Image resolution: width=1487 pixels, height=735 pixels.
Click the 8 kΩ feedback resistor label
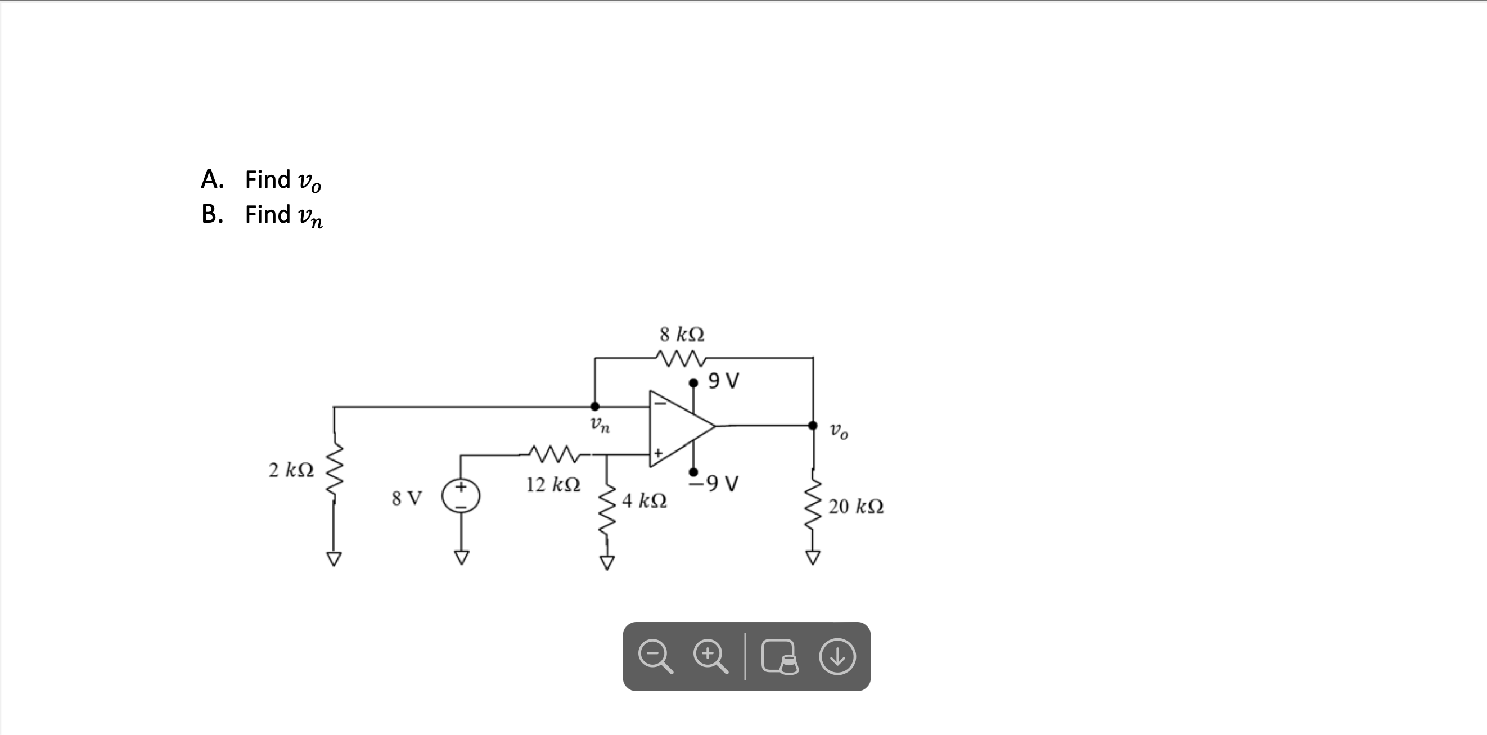[682, 334]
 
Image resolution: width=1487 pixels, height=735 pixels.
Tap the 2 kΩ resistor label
[291, 470]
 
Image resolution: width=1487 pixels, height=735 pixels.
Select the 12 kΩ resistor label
[552, 484]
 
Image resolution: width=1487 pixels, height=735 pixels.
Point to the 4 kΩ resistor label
[644, 500]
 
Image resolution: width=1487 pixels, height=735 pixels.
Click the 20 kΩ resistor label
[855, 507]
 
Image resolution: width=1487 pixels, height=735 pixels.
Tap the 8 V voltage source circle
[461, 496]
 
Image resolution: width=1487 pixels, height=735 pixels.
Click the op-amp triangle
[678, 427]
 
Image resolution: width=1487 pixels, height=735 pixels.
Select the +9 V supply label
[723, 381]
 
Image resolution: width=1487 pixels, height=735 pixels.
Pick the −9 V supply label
[715, 483]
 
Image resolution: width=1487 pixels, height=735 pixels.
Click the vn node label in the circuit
[600, 426]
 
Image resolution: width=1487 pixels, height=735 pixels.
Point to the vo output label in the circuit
[839, 431]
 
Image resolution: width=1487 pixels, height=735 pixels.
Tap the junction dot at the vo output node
[813, 426]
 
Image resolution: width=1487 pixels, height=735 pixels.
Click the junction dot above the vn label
[594, 407]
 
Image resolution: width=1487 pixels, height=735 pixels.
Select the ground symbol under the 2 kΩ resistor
[334, 559]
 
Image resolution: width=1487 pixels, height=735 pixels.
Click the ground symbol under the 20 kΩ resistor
[813, 558]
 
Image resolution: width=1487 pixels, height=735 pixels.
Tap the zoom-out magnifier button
[655, 657]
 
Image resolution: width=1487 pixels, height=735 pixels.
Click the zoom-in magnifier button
[710, 657]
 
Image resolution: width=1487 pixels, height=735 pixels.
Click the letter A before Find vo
[211, 179]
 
